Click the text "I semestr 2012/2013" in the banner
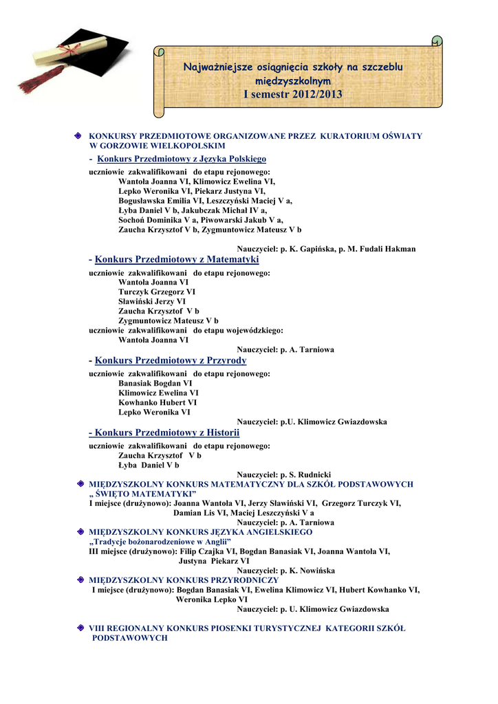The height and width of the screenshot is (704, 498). tap(292, 94)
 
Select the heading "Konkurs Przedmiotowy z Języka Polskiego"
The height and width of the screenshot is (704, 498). tap(182, 159)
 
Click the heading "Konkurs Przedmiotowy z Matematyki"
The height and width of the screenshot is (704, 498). tap(177, 260)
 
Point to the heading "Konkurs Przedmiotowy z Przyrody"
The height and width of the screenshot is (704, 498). tap(171, 360)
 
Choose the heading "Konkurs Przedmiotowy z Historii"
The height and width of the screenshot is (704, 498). tap(164, 432)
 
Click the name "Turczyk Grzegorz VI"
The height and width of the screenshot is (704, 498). tap(157, 291)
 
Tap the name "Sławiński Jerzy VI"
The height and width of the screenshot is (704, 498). tap(152, 301)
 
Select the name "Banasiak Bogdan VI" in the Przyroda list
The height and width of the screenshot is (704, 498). tap(155, 383)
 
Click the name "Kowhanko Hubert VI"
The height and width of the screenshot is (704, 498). tap(158, 402)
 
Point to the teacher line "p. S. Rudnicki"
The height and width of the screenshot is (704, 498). tap(284, 474)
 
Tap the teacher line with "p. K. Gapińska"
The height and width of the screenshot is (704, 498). tap(326, 249)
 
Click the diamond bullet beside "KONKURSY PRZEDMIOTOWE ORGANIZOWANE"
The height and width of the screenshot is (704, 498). tap(80, 136)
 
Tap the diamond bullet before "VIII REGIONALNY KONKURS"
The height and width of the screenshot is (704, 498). tap(80, 628)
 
